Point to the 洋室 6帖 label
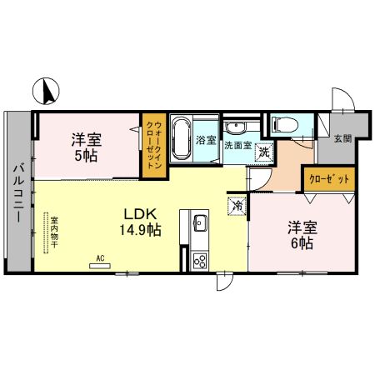(302, 235)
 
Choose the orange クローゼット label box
(329, 178)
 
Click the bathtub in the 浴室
(181, 139)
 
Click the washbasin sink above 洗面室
(236, 127)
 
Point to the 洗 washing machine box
(263, 152)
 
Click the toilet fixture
(283, 126)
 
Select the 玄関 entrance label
(342, 139)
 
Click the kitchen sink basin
(200, 224)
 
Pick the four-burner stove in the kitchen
(200, 260)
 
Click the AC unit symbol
(98, 265)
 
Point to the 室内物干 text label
(43, 233)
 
